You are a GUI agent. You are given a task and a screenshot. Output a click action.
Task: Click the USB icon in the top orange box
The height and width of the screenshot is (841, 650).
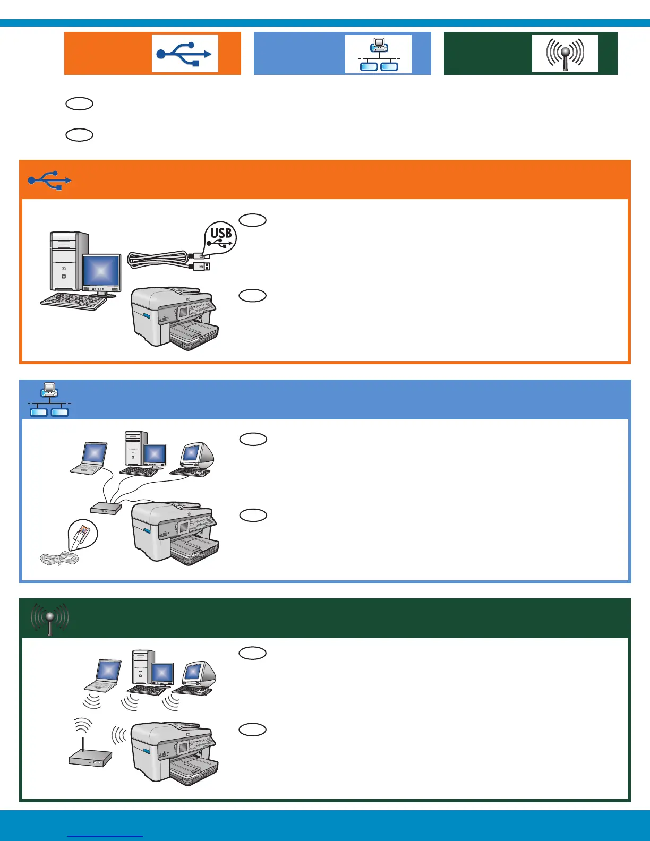point(185,54)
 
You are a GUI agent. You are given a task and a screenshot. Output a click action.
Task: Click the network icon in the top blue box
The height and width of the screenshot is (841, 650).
point(378,54)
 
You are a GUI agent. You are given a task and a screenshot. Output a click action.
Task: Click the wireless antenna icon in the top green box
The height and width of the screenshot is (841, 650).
point(565,53)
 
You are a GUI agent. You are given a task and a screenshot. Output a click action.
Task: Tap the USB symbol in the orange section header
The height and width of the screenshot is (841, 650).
point(49,181)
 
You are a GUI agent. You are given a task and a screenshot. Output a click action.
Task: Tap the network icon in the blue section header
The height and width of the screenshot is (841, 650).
point(49,399)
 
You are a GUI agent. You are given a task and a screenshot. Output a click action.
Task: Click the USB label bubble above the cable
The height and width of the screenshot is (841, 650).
point(220,237)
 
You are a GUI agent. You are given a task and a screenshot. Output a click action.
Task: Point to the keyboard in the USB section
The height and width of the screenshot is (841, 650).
point(74,302)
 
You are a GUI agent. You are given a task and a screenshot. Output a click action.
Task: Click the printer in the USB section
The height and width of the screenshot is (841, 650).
point(175,319)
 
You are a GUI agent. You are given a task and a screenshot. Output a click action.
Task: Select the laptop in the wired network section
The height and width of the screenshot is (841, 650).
point(91,458)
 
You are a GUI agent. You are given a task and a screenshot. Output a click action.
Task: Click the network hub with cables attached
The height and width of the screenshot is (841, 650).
point(106,508)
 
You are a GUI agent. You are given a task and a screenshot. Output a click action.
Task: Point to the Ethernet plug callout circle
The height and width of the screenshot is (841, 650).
point(83,534)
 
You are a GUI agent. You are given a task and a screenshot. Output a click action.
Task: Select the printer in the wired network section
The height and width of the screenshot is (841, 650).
point(175,534)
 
